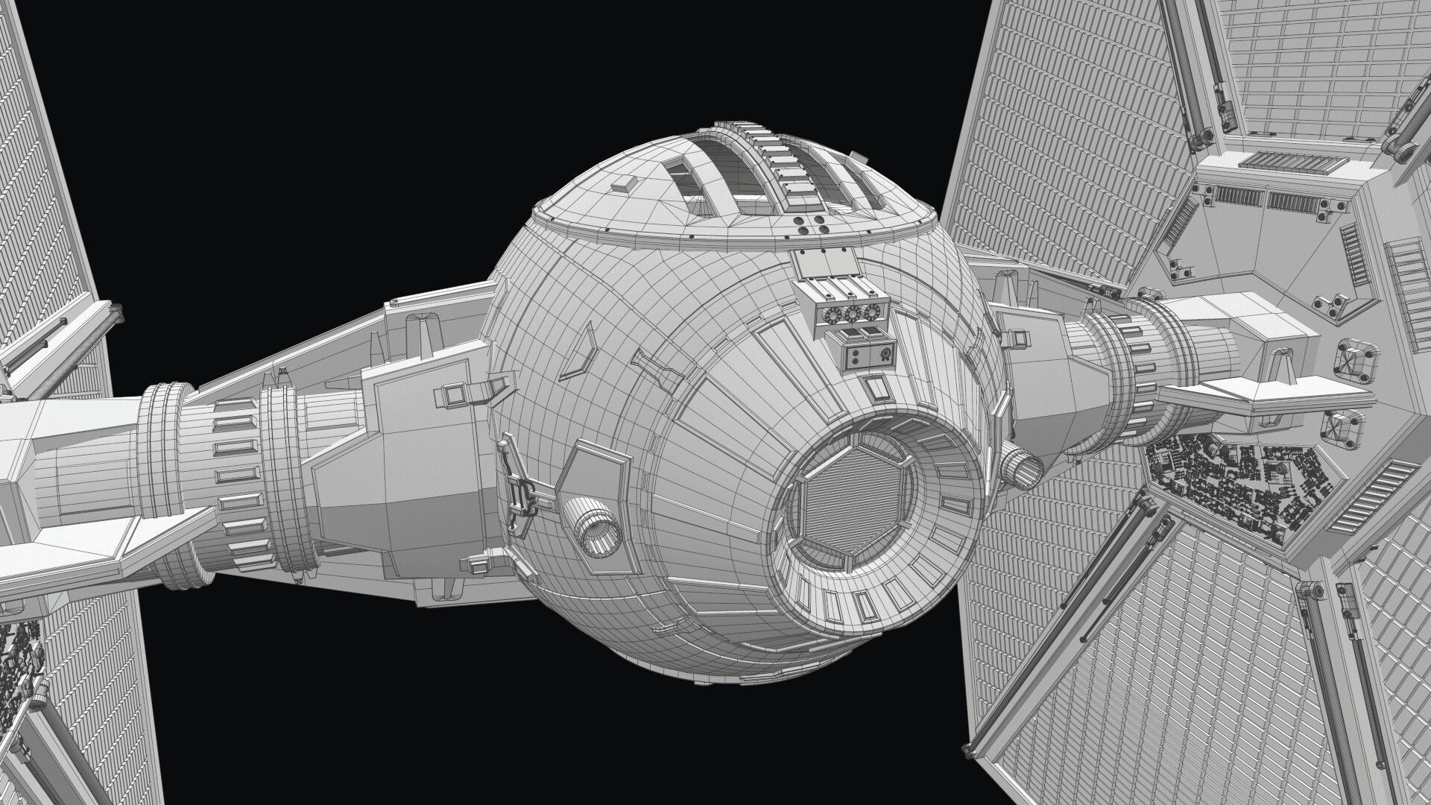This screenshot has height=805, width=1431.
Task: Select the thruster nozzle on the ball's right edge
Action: pos(1021,467)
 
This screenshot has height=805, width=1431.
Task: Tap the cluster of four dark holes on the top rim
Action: pos(811,226)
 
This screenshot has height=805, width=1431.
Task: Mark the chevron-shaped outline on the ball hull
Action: pos(581,357)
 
